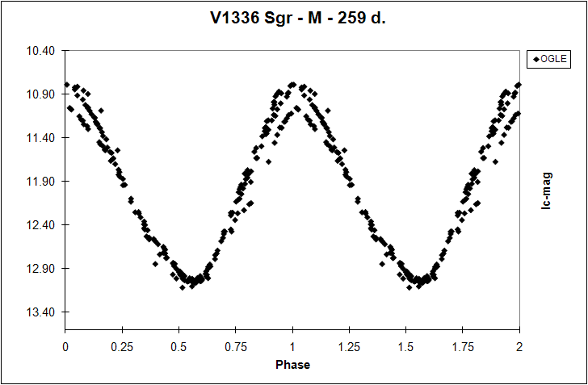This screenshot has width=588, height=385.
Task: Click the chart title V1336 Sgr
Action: point(293,18)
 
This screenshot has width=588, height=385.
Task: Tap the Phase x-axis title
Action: point(292,364)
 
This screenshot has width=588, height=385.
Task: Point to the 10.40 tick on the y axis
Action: point(41,51)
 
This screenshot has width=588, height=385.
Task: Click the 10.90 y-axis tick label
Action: point(41,94)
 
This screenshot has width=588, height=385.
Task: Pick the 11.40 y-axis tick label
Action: point(41,138)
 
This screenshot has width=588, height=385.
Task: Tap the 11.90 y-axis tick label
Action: point(41,182)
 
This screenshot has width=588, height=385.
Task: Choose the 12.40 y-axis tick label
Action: point(41,225)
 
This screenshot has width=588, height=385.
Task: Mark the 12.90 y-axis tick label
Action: point(41,269)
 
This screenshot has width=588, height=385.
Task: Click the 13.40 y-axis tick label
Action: point(41,312)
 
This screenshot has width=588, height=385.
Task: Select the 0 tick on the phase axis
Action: point(65,345)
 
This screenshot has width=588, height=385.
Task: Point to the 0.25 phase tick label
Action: point(122,345)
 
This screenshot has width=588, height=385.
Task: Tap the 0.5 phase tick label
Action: point(179,345)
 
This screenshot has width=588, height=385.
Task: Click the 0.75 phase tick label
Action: point(236,345)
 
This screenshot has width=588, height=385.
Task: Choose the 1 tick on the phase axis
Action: point(292,345)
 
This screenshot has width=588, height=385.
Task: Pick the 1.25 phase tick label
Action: point(349,345)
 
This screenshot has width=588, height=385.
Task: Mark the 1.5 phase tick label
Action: point(406,345)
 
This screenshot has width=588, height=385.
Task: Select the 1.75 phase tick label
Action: point(463,345)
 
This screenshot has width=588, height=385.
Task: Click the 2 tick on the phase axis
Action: point(519,345)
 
